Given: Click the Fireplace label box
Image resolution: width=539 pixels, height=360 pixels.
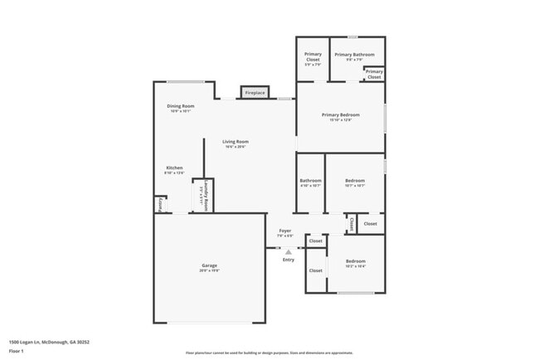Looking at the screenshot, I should pos(255,93).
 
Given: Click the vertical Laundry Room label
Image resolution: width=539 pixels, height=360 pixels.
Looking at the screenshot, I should pos(200,196).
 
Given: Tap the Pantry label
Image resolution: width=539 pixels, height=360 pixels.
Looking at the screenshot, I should pos(159,203).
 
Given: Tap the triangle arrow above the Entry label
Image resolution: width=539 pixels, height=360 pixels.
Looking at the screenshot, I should pos(288,251).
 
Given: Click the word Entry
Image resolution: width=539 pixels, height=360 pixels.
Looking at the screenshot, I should pos(288,260).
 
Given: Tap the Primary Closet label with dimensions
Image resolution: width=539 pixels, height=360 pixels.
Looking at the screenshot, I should pos(313,57).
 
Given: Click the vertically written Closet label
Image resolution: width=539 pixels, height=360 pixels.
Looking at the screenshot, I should pos(352,224).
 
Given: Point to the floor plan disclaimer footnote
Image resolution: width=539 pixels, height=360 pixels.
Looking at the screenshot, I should pos(269,353).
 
